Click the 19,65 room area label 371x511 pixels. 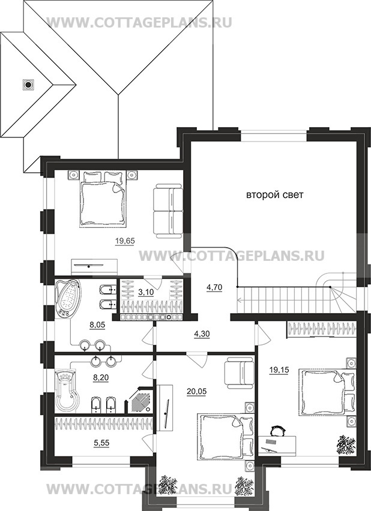(x=125, y=241)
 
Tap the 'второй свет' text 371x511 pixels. (x=274, y=195)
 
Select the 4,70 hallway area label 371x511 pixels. (x=214, y=287)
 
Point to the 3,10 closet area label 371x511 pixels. (x=146, y=292)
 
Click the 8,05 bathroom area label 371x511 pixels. (x=97, y=324)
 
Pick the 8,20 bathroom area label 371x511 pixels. (x=100, y=378)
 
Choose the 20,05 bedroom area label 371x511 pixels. (x=197, y=392)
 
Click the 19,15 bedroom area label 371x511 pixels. (x=279, y=370)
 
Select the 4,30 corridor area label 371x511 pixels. (x=202, y=333)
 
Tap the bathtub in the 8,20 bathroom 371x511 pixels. (x=67, y=390)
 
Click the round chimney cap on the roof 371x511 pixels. (x=28, y=85)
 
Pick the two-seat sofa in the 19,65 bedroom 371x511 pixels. (x=168, y=211)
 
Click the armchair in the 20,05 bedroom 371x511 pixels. (x=240, y=372)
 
